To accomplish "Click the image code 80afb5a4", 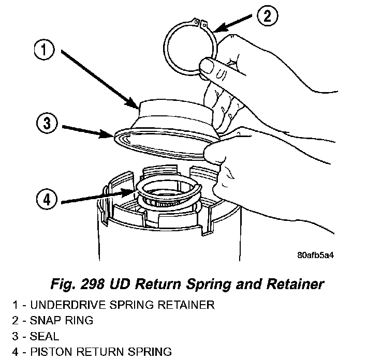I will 316,256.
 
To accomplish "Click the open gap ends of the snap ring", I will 199,23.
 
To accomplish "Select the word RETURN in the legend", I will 99,352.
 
